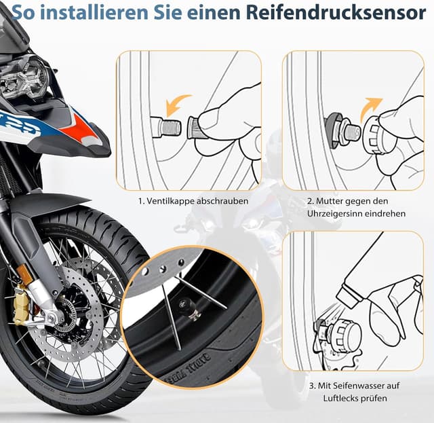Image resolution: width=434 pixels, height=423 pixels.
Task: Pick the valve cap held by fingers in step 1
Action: click(193, 127)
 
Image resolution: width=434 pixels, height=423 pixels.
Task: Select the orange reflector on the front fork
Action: click(25, 274)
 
